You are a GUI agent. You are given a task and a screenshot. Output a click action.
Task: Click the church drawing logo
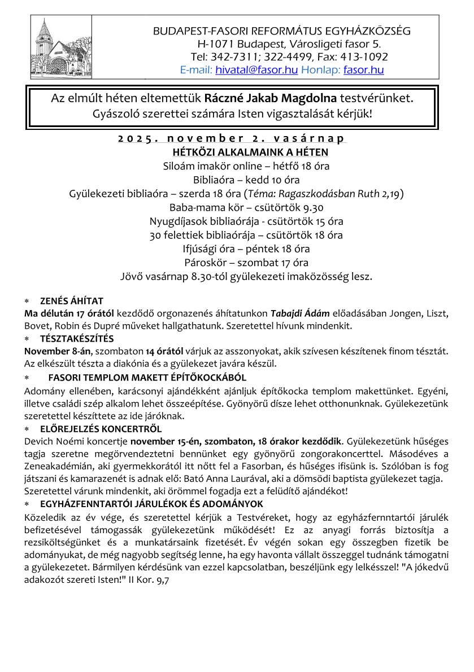point(56,44)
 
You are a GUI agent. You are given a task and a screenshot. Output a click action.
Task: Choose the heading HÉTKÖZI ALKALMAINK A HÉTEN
point(250,152)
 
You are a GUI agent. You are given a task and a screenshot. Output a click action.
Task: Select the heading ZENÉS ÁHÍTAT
point(71,300)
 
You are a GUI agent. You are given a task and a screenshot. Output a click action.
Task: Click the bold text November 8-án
point(49,351)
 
